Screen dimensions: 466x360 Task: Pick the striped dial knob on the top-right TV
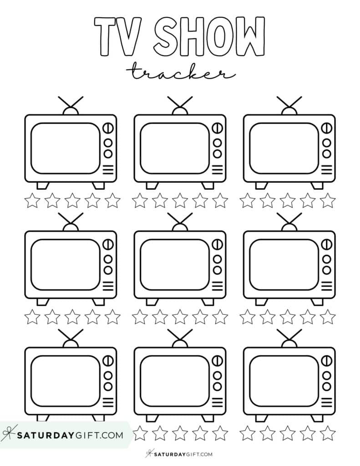[326, 128]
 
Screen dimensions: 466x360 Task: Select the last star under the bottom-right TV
[327, 433]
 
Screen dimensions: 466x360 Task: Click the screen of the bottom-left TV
[65, 381]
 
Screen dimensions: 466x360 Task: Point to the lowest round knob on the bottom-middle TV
[217, 386]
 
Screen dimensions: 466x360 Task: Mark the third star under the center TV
[180, 316]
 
